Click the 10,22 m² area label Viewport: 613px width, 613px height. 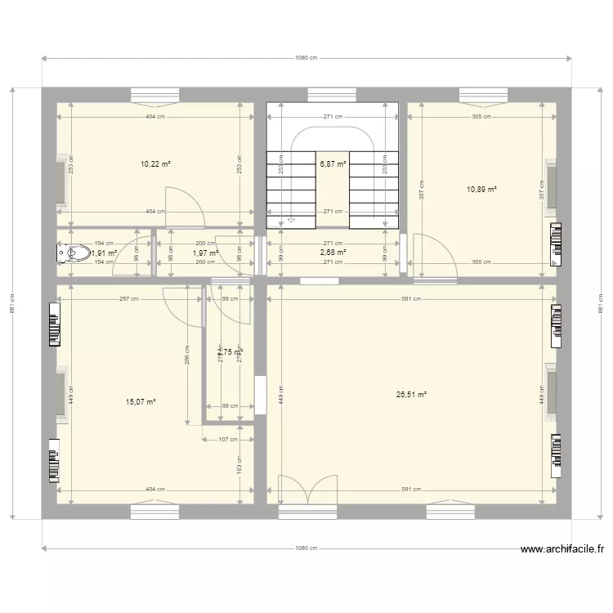[155, 164]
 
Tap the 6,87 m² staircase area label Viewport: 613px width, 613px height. [333, 164]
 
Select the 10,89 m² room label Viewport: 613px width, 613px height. [481, 190]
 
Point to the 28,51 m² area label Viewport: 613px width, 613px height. [411, 395]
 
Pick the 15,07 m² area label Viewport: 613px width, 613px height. [141, 401]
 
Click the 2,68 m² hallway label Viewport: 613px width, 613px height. [333, 253]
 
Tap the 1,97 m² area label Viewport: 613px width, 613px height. [205, 253]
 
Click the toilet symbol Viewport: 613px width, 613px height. [73, 253]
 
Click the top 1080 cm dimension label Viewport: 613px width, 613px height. [306, 59]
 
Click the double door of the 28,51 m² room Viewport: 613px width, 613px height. [307, 490]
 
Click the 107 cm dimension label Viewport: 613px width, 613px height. [228, 440]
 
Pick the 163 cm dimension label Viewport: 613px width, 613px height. [239, 470]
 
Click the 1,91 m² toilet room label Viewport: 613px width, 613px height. [104, 253]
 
